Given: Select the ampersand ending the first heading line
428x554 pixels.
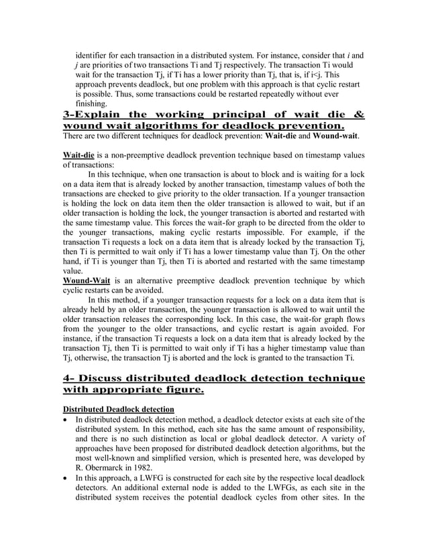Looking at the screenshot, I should (360, 115).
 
